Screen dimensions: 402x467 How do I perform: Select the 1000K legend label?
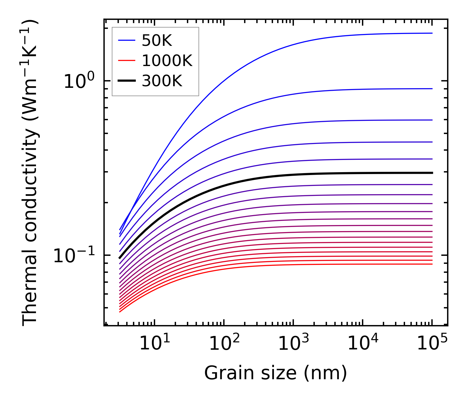coord(167,61)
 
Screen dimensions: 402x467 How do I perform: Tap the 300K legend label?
coord(162,81)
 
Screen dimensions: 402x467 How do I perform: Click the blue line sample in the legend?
coord(127,40)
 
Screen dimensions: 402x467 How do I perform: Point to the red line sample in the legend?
coord(127,61)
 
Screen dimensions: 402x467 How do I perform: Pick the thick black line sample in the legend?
coord(127,81)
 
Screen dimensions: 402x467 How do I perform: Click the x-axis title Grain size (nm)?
coord(276,373)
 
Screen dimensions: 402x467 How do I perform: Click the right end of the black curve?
coord(432,173)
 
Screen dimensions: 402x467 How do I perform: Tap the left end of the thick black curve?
coord(120,257)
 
